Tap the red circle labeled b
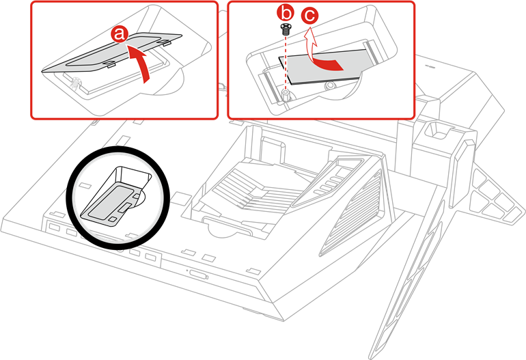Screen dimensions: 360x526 click(287, 13)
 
